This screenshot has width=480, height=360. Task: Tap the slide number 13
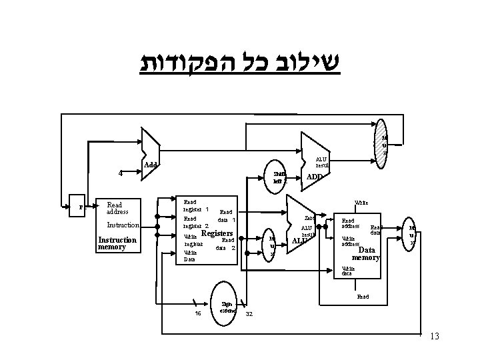coord(435,336)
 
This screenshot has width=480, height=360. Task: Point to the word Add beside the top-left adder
coord(152,165)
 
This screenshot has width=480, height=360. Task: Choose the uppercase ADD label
coord(314,177)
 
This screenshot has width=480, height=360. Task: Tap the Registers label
coord(216,234)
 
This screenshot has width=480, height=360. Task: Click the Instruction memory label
coord(117,243)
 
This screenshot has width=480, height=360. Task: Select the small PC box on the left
coord(81,207)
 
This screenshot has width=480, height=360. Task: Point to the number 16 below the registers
coord(197,313)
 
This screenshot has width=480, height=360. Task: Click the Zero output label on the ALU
coord(309,219)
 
